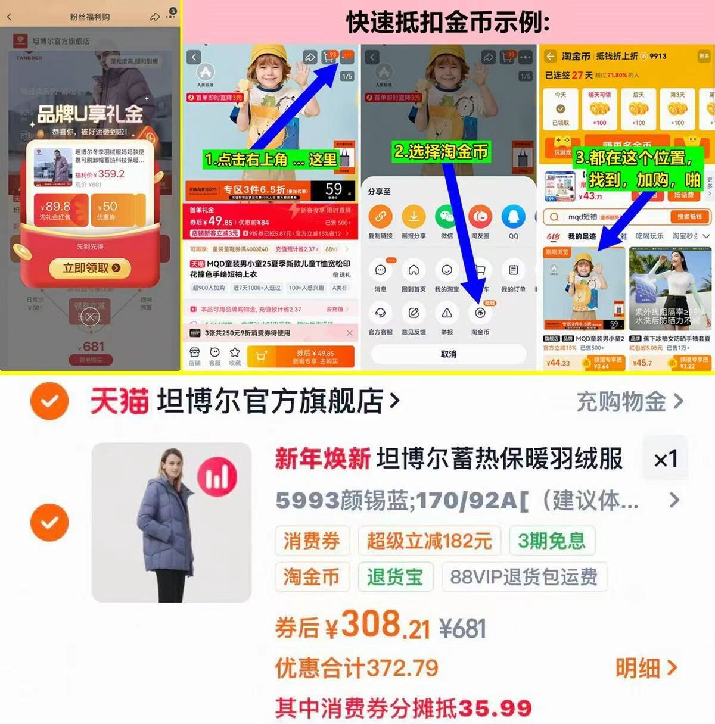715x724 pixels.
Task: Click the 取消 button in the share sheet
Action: (448, 354)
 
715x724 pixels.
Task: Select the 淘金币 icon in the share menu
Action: (480, 314)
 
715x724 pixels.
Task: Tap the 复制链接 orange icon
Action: (380, 217)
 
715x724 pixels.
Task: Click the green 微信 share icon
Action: (446, 217)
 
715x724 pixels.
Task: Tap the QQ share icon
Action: (513, 217)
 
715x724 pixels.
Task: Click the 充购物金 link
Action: (629, 402)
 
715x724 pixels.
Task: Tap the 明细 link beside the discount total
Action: (646, 668)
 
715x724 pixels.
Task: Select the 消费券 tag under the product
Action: (311, 541)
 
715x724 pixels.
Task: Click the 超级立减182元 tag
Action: (429, 541)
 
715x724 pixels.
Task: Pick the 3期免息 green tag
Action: (551, 541)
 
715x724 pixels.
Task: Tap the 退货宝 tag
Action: (394, 576)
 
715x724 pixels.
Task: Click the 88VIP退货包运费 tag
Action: (524, 576)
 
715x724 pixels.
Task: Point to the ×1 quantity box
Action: (665, 458)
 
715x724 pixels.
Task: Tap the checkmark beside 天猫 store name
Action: (49, 402)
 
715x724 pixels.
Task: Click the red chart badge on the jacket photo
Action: (217, 477)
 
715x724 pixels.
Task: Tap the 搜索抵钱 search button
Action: (689, 217)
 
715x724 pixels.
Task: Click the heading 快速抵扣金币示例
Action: (448, 23)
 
